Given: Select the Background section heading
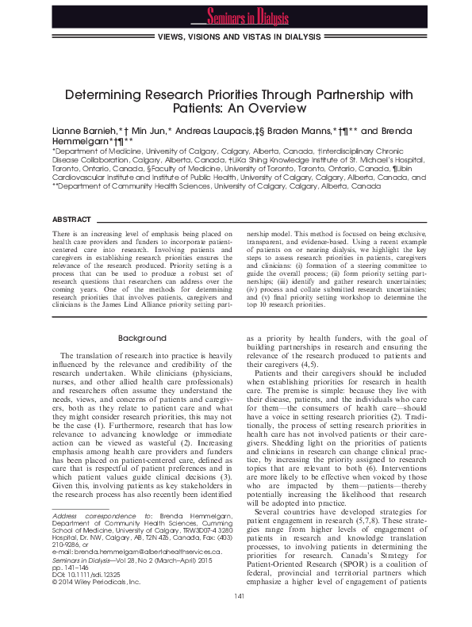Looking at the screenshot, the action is (x=142, y=338).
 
